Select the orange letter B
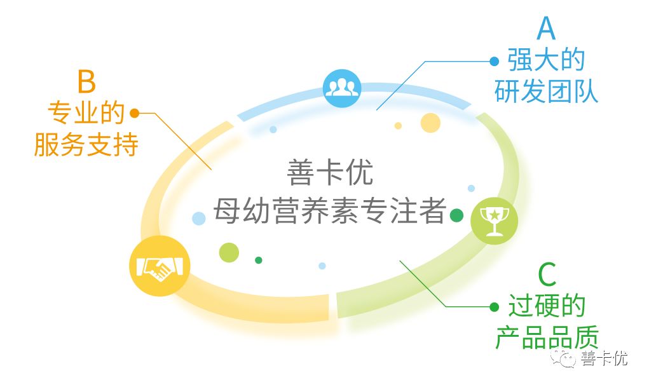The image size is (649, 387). pos(86,82)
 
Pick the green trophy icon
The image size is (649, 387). pos(494,219)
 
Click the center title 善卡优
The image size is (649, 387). pos(330,173)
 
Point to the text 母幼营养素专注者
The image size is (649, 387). pos(330,211)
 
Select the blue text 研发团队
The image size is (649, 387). pos(546,92)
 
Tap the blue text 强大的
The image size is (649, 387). pos(546,60)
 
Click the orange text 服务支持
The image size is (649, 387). pos(86,146)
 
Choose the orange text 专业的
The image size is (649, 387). pos(86,114)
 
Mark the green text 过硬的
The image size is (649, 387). pos(546,307)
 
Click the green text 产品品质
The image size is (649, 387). pos(546,337)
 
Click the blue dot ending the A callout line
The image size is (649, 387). pos(494,61)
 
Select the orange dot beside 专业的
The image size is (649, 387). pos(134,114)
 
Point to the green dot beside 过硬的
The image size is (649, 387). pos(494,307)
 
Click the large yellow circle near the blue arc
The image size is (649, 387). pos(430,123)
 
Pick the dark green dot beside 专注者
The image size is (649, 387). pos(456,215)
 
